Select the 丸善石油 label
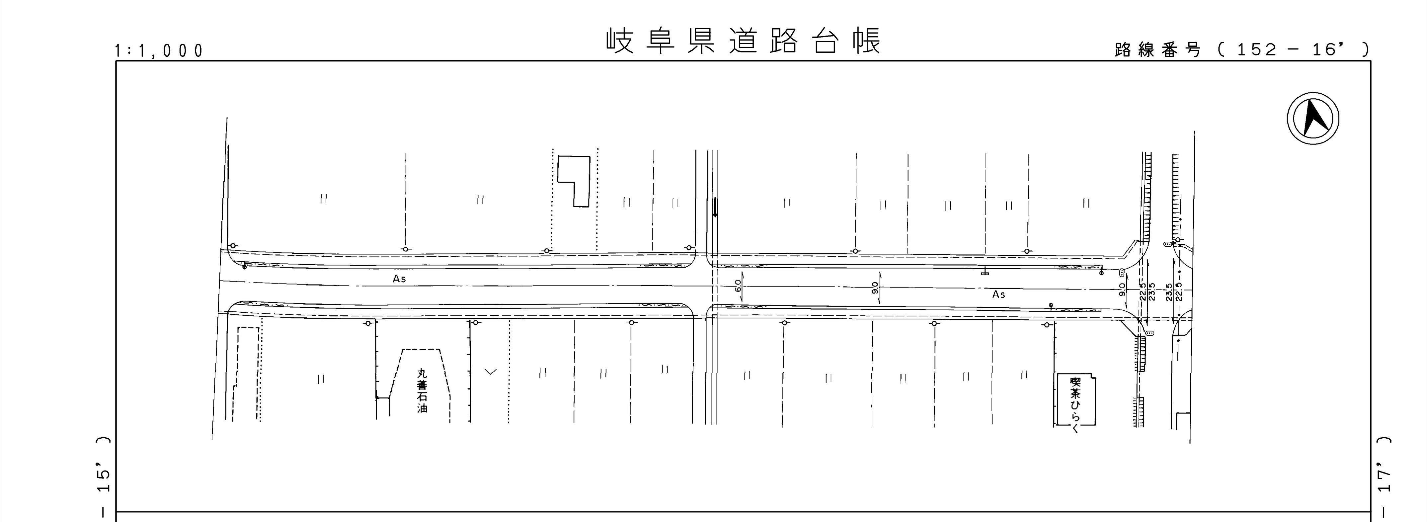coord(423,391)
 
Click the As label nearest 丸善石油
coord(399,279)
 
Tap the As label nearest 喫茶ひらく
coord(998,294)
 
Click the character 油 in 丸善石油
coord(423,408)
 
